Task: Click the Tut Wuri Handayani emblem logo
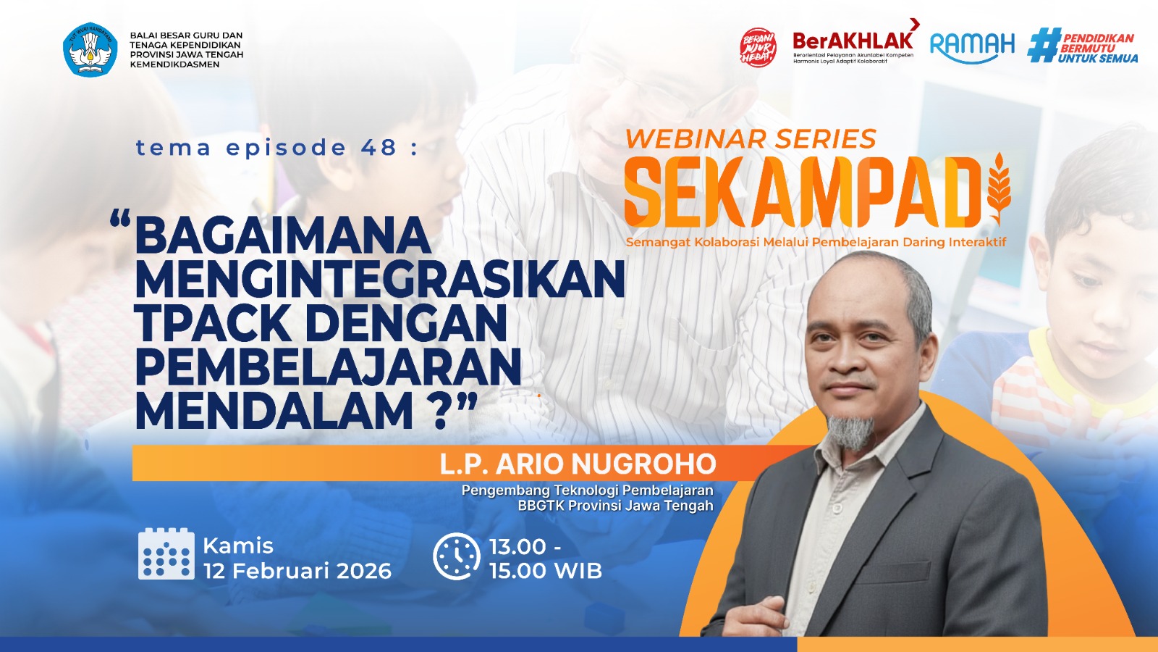click(90, 49)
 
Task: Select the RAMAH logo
click(972, 46)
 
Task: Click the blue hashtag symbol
click(1043, 46)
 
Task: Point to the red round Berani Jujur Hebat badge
click(758, 48)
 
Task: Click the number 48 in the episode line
click(379, 148)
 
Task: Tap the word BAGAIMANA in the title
click(283, 235)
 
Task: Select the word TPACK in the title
click(213, 323)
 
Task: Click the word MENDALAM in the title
click(274, 411)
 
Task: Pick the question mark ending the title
click(441, 411)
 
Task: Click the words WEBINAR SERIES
click(751, 138)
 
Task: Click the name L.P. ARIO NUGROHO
click(578, 464)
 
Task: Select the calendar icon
click(166, 554)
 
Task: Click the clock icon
click(457, 556)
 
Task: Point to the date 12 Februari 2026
click(297, 571)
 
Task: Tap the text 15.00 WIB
click(546, 571)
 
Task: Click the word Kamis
click(238, 546)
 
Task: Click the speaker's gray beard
click(850, 430)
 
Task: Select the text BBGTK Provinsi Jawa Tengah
click(615, 506)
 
